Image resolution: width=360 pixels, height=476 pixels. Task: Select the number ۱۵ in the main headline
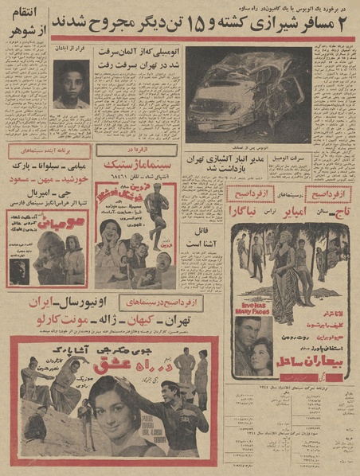[201, 23]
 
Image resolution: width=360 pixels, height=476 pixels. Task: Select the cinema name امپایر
[292, 214]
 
